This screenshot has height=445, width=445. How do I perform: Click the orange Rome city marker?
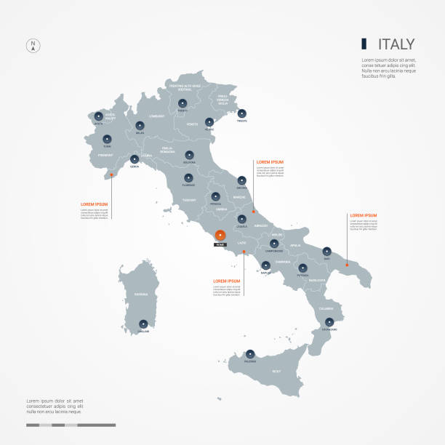point(220,234)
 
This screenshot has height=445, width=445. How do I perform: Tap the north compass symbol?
point(33,45)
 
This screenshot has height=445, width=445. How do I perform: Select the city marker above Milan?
point(140,124)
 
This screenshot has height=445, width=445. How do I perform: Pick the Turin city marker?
point(108,138)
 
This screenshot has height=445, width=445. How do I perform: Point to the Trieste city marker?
point(241,113)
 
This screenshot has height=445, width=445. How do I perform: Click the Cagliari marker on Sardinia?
point(143,324)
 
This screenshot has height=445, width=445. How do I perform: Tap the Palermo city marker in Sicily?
point(251,353)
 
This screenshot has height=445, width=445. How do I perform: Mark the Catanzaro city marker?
point(329,321)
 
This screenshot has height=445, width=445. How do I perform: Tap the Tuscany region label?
point(191,199)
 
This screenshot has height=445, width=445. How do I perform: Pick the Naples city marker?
point(265,264)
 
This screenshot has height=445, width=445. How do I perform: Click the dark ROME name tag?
point(220,245)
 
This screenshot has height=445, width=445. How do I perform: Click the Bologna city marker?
point(189,154)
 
